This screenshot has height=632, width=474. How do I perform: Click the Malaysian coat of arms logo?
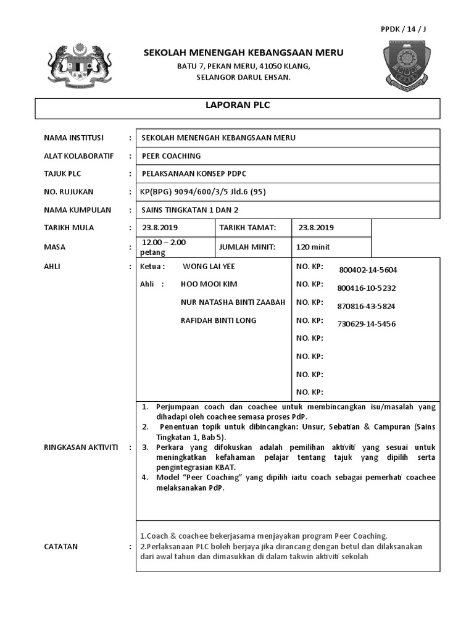(80, 67)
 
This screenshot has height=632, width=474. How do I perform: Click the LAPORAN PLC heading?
(238, 106)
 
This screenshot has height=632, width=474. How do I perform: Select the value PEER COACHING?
(171, 156)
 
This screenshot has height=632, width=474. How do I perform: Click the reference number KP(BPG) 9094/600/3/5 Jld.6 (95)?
(204, 192)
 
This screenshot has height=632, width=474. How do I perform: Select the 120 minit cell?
(314, 247)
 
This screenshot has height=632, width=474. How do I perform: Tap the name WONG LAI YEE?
(209, 267)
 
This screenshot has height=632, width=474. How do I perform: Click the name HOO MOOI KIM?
(209, 285)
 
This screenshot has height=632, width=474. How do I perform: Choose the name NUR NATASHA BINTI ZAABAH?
(233, 302)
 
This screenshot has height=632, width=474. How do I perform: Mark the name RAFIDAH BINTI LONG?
(218, 320)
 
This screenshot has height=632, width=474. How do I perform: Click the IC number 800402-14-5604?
(368, 270)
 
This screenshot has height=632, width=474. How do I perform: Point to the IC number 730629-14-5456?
(367, 324)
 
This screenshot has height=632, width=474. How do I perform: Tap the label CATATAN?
(60, 547)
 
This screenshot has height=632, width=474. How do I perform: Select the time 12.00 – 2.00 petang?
(164, 247)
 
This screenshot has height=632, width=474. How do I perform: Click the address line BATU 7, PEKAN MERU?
(243, 66)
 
